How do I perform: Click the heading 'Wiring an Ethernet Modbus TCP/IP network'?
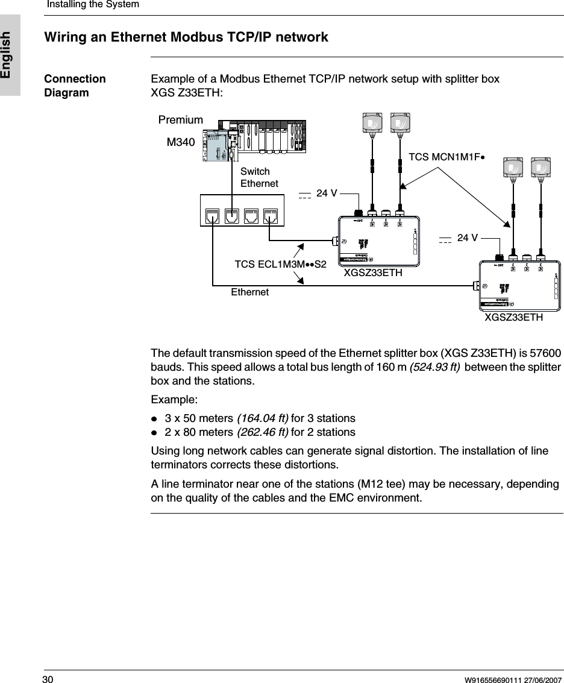tap(186, 37)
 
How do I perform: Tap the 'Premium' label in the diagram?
tap(180, 120)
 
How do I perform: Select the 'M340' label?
tap(181, 142)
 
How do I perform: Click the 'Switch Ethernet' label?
tap(259, 177)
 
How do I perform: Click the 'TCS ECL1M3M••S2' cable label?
tap(280, 264)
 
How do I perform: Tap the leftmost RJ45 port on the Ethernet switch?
tap(213, 216)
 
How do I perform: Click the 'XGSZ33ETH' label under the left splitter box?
tap(372, 273)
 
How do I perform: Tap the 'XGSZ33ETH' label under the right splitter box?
tap(514, 317)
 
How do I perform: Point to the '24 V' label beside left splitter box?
tap(327, 194)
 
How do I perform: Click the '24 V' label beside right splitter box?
tap(468, 238)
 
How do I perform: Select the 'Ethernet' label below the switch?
tap(249, 292)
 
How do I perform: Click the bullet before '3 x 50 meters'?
tap(154, 419)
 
